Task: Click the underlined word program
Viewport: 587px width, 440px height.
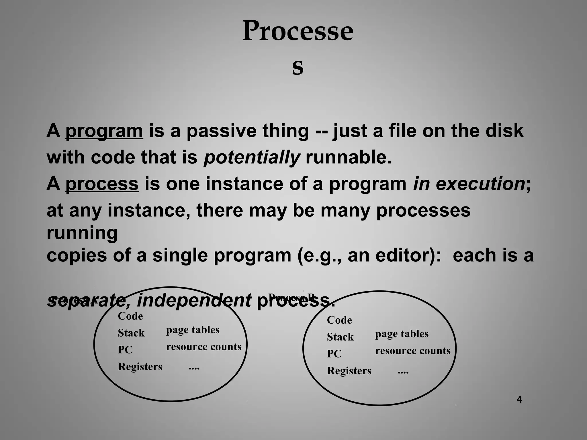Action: [x=104, y=131]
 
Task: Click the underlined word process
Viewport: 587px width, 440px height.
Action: [x=102, y=184]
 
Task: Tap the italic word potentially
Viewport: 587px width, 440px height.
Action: [x=252, y=157]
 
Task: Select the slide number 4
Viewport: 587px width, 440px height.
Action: [x=519, y=399]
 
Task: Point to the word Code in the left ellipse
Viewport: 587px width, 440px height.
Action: [x=130, y=316]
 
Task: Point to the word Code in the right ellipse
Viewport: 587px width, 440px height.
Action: [x=339, y=320]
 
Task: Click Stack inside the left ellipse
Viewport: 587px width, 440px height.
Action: [x=131, y=333]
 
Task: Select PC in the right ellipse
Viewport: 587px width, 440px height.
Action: [x=334, y=354]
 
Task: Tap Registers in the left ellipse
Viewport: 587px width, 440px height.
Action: [x=140, y=367]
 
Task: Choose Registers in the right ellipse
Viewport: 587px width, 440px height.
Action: [x=349, y=371]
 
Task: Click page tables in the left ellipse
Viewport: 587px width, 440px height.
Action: [x=193, y=330]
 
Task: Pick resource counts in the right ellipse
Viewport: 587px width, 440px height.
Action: [x=412, y=351]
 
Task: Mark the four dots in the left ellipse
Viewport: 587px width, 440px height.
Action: [x=194, y=368]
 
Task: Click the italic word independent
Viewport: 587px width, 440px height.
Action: [x=194, y=300]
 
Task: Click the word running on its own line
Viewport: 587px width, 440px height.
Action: [x=82, y=233]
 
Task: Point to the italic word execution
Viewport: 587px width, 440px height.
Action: [x=480, y=184]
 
